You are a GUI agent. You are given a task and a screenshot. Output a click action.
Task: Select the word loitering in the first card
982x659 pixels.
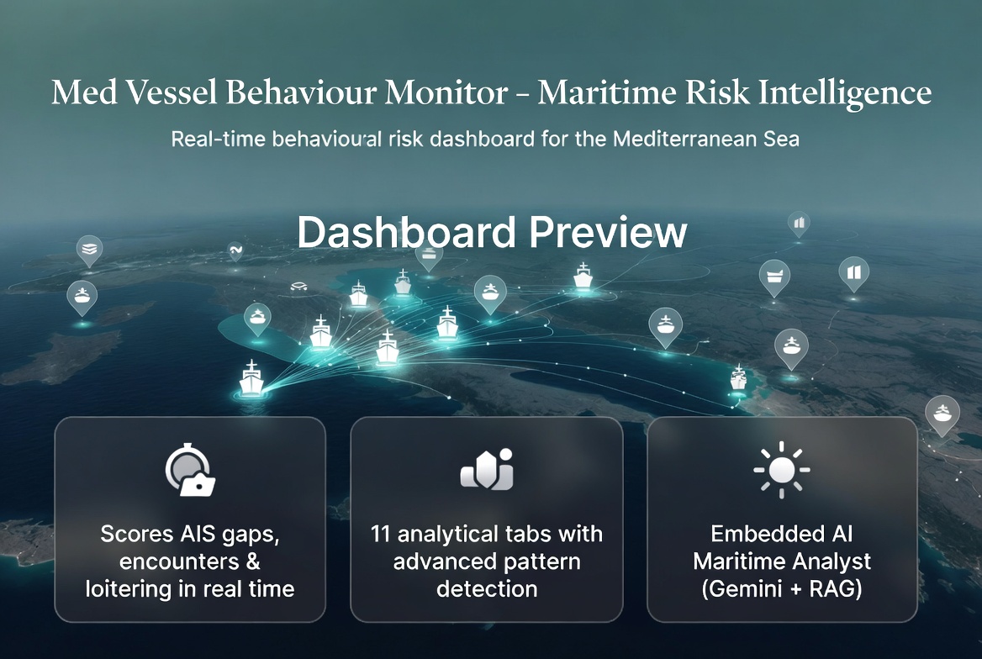click(x=132, y=588)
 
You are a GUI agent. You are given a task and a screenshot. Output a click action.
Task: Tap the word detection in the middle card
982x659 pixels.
click(x=486, y=588)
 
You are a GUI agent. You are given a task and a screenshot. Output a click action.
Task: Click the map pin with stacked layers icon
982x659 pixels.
click(x=89, y=249)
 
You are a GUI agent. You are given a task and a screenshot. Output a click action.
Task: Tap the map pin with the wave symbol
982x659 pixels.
click(x=235, y=250)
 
